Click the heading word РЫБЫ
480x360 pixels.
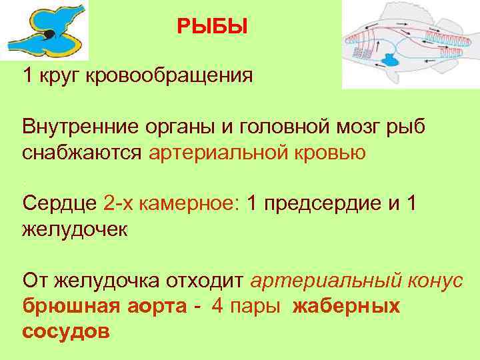(211, 27)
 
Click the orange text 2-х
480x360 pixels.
(120, 203)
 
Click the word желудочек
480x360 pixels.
(73, 229)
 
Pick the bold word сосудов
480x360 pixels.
(65, 331)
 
